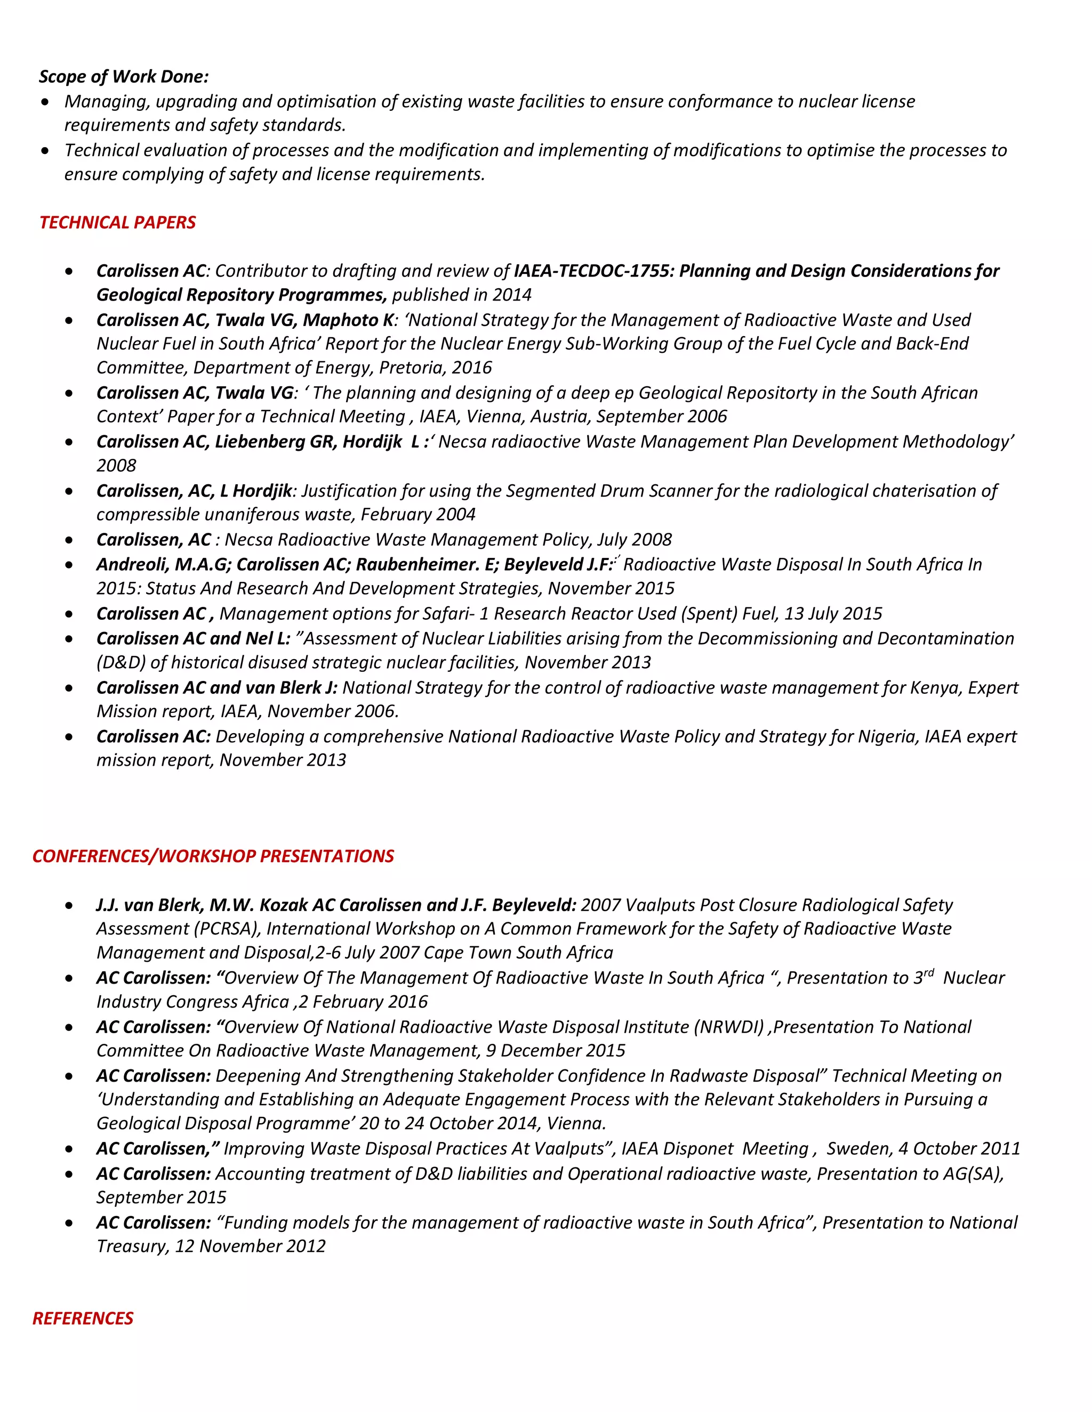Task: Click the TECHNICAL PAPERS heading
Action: (117, 222)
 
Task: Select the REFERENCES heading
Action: (83, 1318)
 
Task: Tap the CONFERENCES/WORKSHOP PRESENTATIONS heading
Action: (213, 856)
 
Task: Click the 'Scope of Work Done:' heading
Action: (124, 76)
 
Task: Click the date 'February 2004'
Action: (418, 515)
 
